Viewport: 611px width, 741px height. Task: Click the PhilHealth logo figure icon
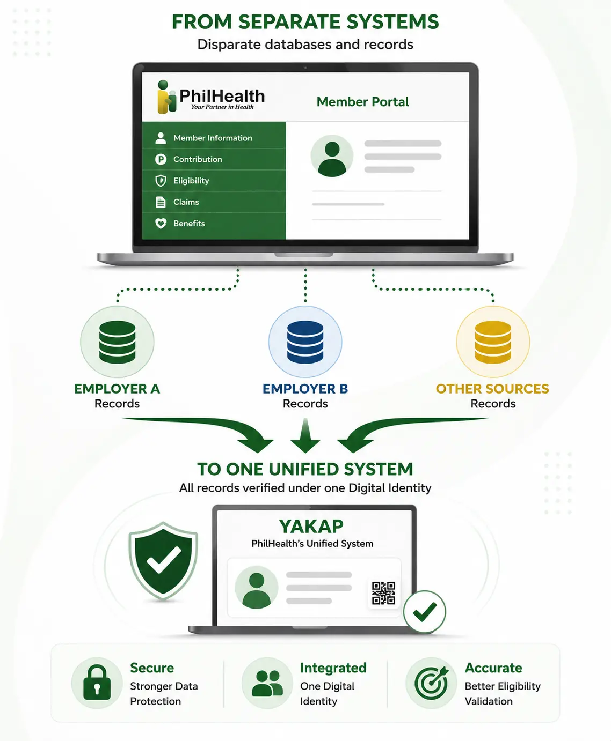166,97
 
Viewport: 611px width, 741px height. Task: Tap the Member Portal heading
362,102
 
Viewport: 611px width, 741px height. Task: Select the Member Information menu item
213,138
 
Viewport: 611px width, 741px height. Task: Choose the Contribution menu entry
198,159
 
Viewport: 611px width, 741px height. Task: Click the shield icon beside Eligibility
161,181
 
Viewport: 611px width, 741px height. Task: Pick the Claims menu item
186,202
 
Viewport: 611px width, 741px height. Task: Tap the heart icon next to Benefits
161,223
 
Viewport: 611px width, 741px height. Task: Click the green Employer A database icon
117,342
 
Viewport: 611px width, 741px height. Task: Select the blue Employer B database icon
305,342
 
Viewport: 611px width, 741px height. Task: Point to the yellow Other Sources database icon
493,342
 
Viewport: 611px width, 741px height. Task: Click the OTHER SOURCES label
493,389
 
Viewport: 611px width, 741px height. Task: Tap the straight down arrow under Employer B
305,435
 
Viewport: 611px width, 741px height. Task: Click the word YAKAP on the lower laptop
311,527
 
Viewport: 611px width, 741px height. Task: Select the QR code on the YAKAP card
383,593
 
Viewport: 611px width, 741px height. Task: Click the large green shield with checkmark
163,561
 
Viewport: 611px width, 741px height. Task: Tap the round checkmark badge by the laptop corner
424,612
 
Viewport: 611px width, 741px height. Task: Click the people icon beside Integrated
267,683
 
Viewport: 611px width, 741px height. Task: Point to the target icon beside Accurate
432,683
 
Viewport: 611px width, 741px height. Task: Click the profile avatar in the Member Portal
332,156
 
